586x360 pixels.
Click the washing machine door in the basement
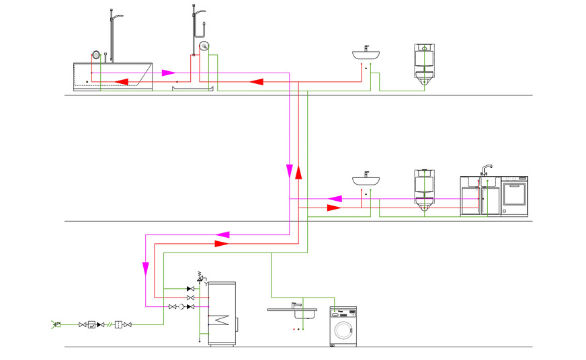(x=343, y=330)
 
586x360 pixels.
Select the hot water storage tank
(x=222, y=314)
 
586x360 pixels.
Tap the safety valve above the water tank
(x=200, y=276)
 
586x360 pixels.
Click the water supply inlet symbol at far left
(x=55, y=324)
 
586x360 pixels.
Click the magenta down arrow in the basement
(x=146, y=269)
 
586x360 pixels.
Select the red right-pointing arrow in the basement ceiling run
(x=221, y=243)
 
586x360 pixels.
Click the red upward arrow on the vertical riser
(x=298, y=173)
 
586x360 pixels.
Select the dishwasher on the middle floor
(x=515, y=196)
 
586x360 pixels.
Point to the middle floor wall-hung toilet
(x=424, y=191)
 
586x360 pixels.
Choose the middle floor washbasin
(x=366, y=180)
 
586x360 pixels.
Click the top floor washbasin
(x=366, y=54)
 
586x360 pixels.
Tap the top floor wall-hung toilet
(x=423, y=64)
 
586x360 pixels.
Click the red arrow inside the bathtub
(x=122, y=81)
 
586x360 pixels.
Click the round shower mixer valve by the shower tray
(x=204, y=46)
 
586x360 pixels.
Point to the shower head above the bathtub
(x=118, y=15)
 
